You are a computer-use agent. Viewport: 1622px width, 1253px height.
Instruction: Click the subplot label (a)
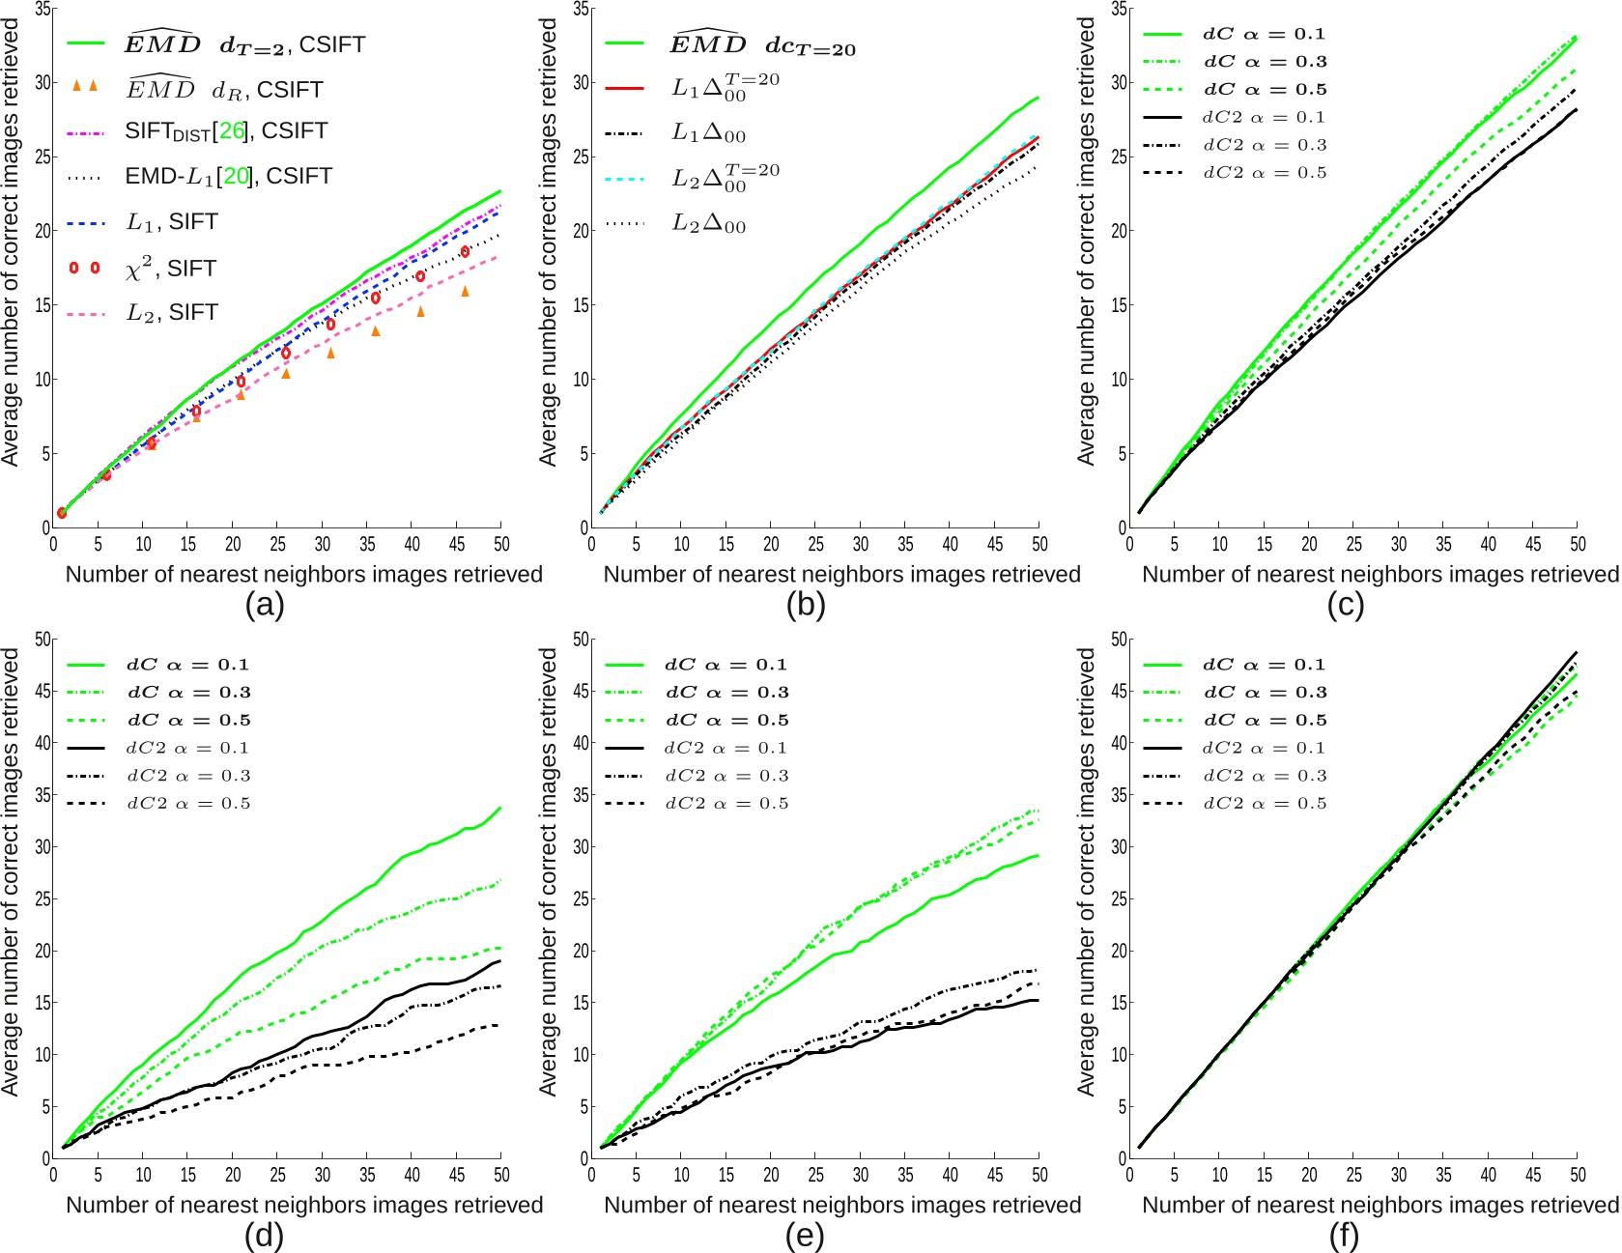[264, 606]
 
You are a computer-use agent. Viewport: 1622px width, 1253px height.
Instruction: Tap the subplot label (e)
[804, 1236]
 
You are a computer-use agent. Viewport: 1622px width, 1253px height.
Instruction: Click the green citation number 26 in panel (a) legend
[232, 131]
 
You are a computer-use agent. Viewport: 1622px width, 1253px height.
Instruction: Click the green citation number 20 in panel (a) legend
[236, 177]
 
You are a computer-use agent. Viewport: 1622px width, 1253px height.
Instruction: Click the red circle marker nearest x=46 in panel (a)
[465, 251]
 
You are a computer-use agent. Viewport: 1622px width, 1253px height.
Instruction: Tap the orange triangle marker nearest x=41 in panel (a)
[420, 311]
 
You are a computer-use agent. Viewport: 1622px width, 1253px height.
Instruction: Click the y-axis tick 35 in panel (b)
[581, 10]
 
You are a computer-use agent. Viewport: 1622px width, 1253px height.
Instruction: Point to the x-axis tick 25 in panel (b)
[815, 544]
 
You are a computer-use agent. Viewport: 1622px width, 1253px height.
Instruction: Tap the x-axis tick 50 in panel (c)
[1577, 544]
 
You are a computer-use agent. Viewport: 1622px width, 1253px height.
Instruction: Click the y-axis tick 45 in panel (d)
[43, 692]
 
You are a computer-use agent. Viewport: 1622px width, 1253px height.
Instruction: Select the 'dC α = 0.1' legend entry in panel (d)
[187, 665]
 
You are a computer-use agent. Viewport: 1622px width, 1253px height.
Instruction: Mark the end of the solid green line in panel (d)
[500, 808]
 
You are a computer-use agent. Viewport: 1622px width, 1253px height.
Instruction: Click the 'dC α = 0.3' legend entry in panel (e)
[726, 693]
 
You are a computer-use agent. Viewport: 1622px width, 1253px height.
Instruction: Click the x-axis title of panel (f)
[1380, 1205]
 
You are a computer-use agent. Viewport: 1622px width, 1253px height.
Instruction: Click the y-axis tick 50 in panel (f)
[1119, 640]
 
